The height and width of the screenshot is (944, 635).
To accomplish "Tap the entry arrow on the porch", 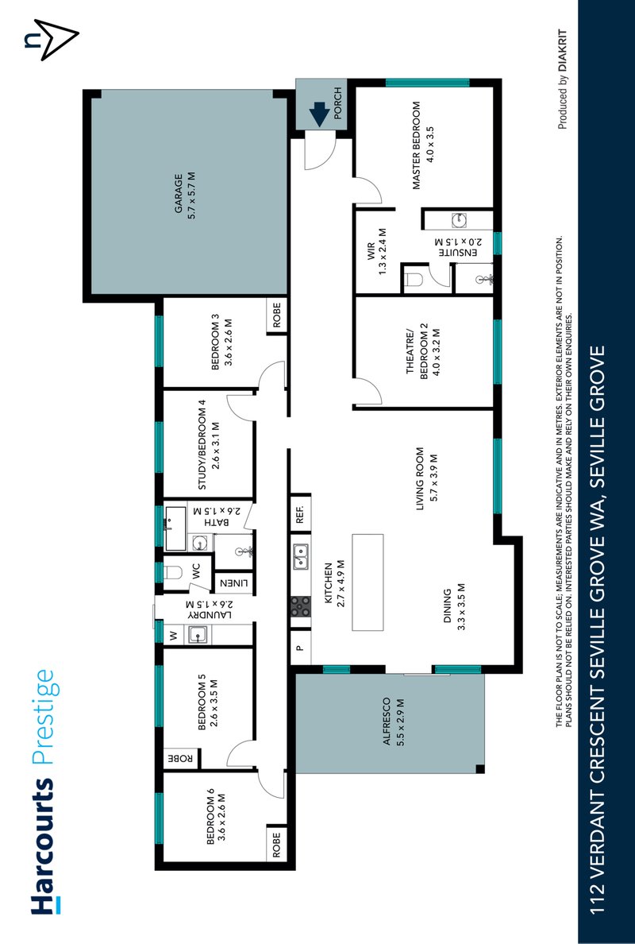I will (320, 116).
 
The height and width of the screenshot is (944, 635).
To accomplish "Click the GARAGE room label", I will (185, 196).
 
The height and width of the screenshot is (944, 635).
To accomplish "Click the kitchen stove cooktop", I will (301, 607).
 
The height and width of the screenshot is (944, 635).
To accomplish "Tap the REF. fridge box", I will (301, 514).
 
